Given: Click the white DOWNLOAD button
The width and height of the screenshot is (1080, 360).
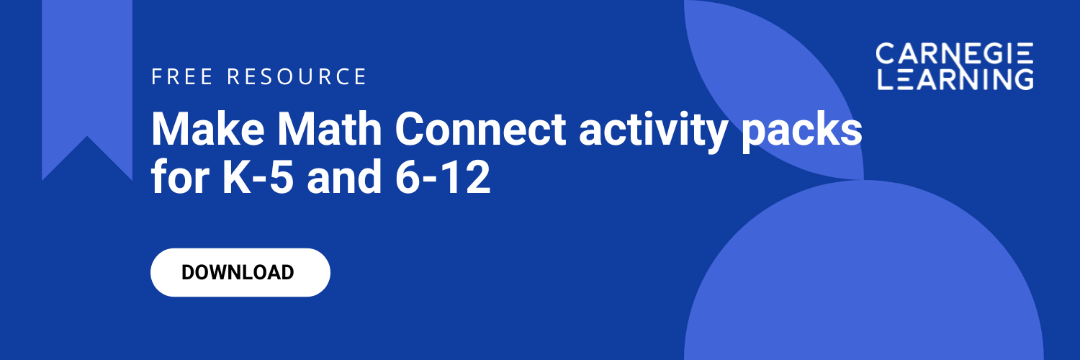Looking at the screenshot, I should point(240,272).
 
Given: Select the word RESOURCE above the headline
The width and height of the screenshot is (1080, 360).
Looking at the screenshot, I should point(297,76).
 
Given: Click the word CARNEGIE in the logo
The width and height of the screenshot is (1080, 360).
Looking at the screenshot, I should point(955,53).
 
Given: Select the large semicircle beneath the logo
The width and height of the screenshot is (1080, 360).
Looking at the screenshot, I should point(864,288).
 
